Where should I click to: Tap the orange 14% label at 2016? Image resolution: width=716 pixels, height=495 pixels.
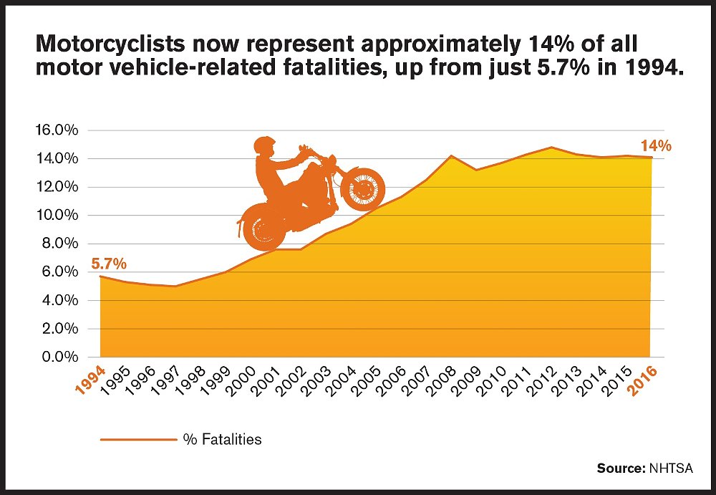point(656,145)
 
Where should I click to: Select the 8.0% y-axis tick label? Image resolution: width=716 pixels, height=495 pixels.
point(57,244)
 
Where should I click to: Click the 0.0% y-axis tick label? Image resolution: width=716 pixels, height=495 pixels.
point(57,357)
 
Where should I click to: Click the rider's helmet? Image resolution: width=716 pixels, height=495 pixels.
point(264,145)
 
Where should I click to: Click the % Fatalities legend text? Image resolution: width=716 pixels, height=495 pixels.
point(223,439)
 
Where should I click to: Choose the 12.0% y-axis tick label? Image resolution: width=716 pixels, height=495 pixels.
point(57,187)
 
